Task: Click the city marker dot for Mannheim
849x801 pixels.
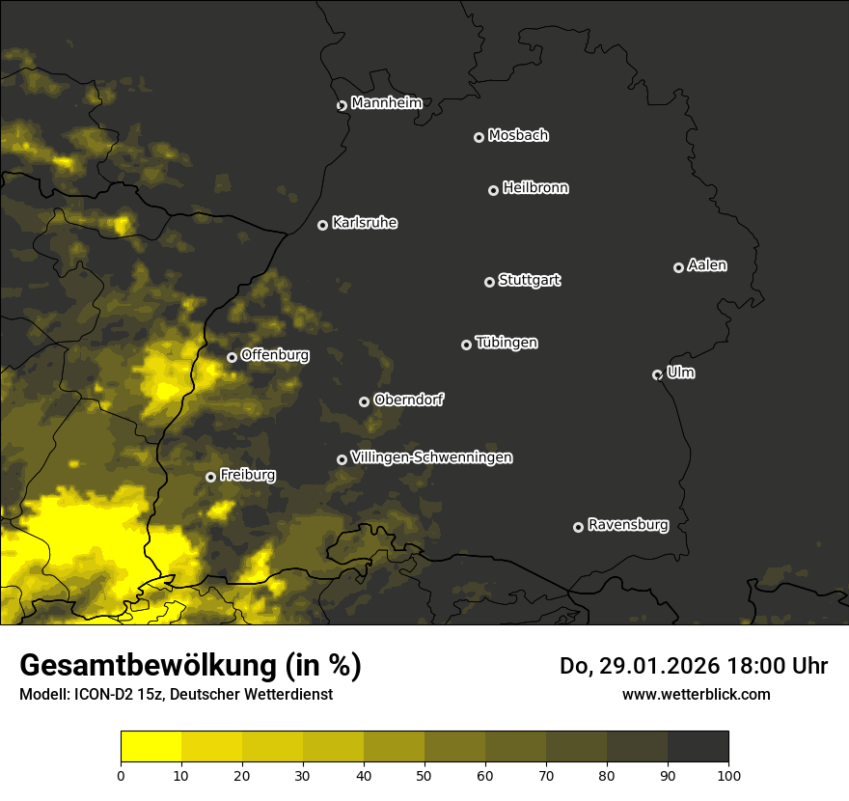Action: pos(342,106)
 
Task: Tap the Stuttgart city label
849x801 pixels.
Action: pos(530,281)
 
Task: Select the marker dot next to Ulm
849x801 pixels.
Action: pos(657,374)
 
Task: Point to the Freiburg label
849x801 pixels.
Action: pos(247,475)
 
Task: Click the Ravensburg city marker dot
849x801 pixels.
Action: pos(578,527)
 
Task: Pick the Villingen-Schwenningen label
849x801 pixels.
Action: pos(431,457)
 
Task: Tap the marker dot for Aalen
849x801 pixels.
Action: pos(678,267)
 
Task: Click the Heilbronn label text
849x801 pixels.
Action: pos(535,188)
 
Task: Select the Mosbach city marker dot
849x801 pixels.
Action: pos(479,138)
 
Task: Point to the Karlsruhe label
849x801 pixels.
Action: pos(365,223)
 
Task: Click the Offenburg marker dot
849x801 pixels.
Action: pos(232,357)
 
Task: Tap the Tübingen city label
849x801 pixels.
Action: pos(507,343)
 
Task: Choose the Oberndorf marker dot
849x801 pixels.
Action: pos(364,401)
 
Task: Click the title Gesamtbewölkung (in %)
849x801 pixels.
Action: pos(190,665)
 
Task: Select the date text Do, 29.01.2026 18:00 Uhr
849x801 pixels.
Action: pos(693,666)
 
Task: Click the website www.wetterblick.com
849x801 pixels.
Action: pos(696,694)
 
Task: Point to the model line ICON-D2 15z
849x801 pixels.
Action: pos(176,695)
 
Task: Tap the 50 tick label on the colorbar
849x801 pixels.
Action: pos(424,775)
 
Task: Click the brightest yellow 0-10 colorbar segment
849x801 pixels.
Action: pos(151,747)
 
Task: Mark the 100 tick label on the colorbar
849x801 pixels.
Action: pos(728,775)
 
